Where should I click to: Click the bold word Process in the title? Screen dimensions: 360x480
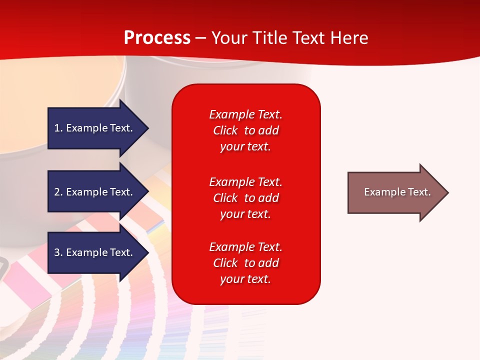point(157,38)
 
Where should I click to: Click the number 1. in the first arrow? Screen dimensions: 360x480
point(58,128)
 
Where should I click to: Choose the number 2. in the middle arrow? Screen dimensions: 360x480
point(58,192)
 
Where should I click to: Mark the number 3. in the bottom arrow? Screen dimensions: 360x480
point(58,252)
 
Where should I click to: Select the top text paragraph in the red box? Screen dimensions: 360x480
point(245,130)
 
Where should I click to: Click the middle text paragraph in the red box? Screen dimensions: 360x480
point(245,197)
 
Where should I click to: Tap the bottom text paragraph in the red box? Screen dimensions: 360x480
point(245,263)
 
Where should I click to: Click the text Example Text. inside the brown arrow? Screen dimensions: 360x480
point(397,192)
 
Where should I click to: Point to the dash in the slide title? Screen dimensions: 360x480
point(200,38)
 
